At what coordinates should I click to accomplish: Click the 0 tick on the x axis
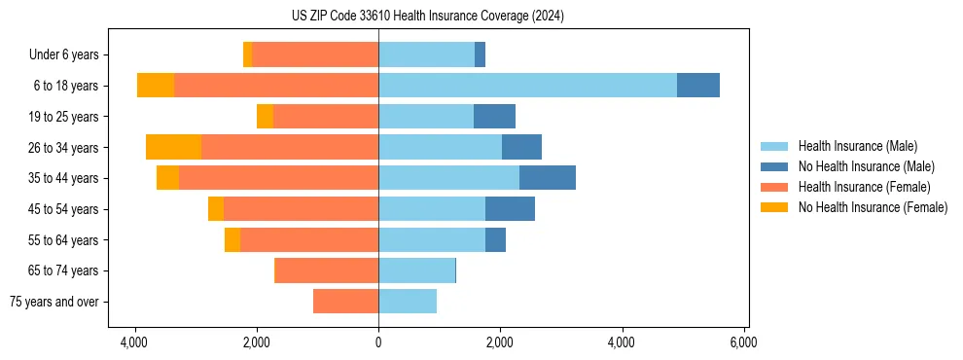(x=378, y=342)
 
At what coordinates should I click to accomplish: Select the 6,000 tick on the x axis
(x=743, y=342)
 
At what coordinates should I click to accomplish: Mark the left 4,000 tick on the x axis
(x=134, y=342)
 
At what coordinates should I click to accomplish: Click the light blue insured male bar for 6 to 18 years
(x=527, y=86)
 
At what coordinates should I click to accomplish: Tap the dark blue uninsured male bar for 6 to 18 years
(x=698, y=86)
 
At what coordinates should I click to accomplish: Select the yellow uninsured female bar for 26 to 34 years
(x=173, y=147)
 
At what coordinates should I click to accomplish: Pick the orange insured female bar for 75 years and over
(x=345, y=302)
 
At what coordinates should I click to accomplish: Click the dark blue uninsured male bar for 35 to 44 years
(x=548, y=178)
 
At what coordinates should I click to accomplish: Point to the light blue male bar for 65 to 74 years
(x=416, y=270)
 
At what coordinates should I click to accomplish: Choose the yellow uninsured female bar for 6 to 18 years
(x=156, y=86)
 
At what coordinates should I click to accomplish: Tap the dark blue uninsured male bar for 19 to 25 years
(x=494, y=117)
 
